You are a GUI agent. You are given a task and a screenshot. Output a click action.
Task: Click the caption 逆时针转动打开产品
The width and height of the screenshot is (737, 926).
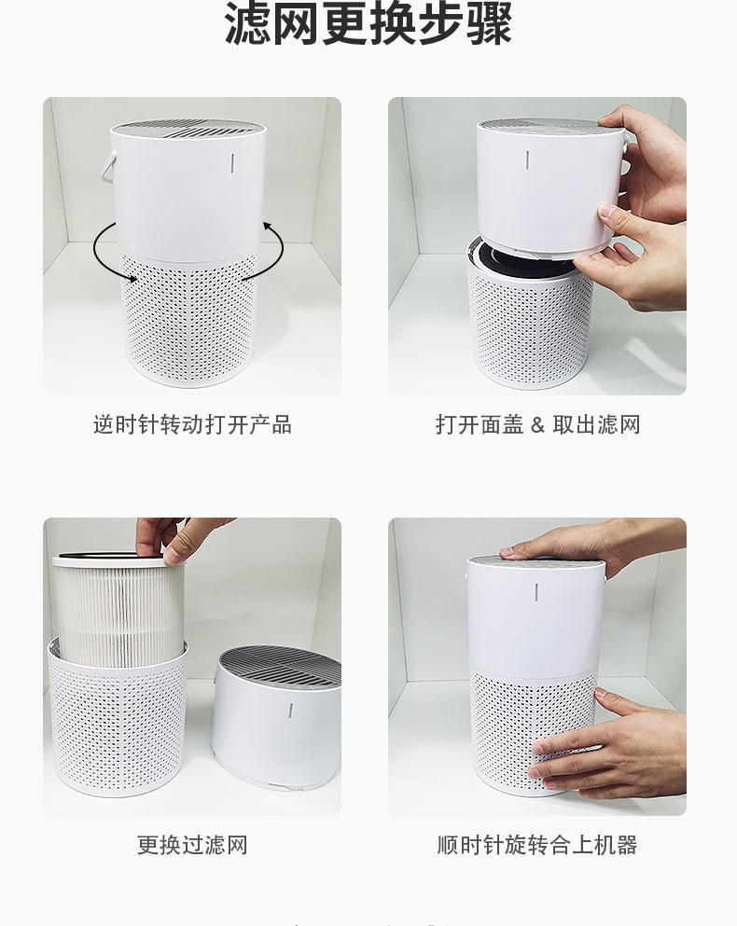tap(192, 424)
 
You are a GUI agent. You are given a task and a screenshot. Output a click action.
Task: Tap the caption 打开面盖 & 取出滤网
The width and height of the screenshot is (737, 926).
tap(538, 424)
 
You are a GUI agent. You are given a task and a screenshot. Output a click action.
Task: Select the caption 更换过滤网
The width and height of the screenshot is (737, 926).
tap(192, 845)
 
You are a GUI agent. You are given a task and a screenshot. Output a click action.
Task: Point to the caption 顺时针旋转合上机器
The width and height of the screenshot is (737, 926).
tap(537, 845)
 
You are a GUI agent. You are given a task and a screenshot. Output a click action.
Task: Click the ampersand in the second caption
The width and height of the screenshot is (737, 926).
tap(537, 424)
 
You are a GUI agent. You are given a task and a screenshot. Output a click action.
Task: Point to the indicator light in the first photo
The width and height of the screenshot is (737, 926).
tap(233, 163)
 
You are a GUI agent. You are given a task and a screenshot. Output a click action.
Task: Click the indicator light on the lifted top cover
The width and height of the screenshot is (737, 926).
tap(528, 160)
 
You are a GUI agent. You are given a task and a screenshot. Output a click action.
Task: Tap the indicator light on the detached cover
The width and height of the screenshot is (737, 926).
tap(290, 711)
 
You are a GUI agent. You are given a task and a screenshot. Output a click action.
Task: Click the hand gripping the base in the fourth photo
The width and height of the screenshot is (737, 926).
tap(609, 746)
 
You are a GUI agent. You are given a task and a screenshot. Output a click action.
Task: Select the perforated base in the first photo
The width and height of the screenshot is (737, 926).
tap(190, 319)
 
